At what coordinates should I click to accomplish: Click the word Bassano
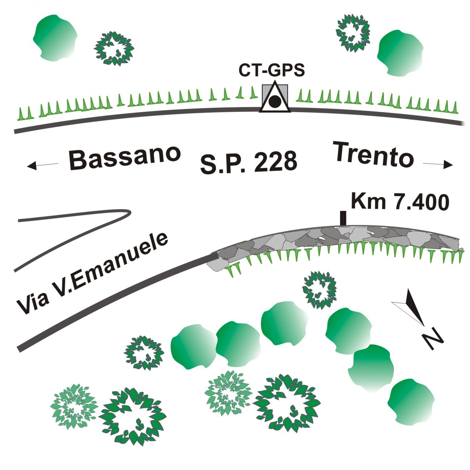(x=124, y=157)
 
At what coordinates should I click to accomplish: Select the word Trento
(x=373, y=154)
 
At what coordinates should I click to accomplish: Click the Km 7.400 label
(x=400, y=202)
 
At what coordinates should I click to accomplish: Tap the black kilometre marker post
(x=343, y=218)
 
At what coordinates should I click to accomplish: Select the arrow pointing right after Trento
(x=438, y=165)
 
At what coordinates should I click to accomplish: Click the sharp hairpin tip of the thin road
(x=128, y=213)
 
